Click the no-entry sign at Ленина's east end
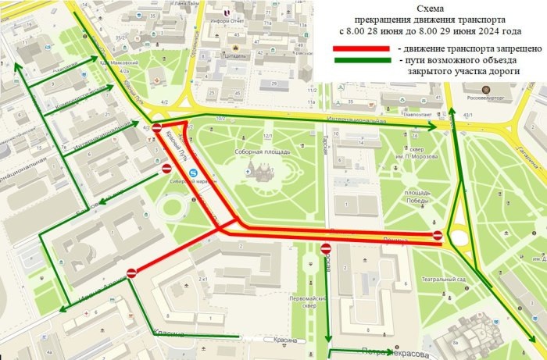(x=438, y=234)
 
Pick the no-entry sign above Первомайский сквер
(x=325, y=248)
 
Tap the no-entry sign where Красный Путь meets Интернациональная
(x=156, y=128)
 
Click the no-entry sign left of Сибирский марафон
(x=166, y=168)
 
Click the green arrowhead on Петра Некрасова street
(x=332, y=351)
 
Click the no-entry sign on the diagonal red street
(x=131, y=273)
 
